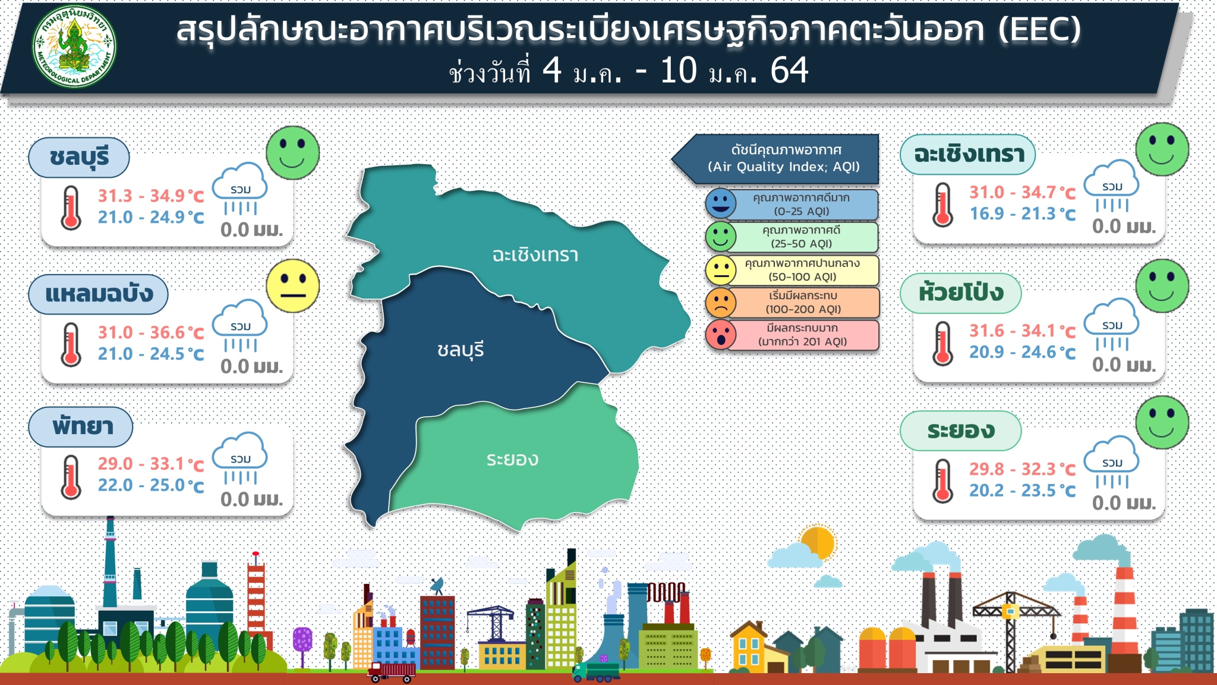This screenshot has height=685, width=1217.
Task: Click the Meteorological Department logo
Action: [74, 47]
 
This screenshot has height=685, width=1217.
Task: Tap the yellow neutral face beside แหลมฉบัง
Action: [292, 286]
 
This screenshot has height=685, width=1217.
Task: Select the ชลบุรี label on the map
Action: [461, 350]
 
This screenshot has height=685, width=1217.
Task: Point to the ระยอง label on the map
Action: [512, 459]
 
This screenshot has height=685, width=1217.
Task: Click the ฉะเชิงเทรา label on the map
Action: [535, 255]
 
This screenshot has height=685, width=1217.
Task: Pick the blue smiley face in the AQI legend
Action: [721, 203]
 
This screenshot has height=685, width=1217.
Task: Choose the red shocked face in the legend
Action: [721, 335]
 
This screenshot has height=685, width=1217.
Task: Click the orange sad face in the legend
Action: [721, 302]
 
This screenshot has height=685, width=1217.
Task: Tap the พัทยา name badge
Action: [81, 426]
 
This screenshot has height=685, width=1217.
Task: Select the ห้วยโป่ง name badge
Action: [961, 293]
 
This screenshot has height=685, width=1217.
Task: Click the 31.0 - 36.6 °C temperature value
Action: [151, 332]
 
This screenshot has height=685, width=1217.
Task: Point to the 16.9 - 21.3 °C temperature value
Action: [1023, 213]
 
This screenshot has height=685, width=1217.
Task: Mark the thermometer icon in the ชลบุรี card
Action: [71, 208]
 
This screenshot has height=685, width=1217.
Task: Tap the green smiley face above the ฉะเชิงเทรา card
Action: [1162, 149]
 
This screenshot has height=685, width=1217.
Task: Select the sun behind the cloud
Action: [818, 542]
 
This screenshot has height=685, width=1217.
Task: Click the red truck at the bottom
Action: [392, 672]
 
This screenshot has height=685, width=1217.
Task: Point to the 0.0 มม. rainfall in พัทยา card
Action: [251, 499]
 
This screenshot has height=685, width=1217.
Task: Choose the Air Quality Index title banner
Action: [775, 159]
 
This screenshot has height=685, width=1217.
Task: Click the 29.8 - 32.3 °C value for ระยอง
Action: [1023, 469]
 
